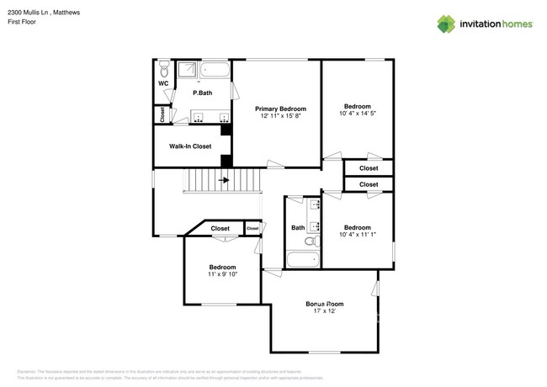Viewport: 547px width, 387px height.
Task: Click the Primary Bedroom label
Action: [280, 109]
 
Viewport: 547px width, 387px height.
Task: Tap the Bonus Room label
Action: [324, 304]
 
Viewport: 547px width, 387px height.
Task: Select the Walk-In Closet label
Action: [190, 146]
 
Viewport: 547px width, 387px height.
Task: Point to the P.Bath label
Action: [202, 93]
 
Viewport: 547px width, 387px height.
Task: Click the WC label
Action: [163, 84]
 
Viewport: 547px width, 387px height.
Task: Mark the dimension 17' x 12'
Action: [324, 311]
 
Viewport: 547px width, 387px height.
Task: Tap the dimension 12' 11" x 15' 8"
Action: [280, 117]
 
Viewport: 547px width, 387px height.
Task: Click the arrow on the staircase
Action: [225, 180]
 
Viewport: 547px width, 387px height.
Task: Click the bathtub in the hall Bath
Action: [301, 260]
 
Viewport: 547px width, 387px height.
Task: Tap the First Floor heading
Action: [21, 23]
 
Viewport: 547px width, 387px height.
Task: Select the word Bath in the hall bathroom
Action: [298, 228]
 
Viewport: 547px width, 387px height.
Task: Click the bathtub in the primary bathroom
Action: [215, 68]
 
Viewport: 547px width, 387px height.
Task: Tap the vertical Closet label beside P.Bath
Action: [162, 115]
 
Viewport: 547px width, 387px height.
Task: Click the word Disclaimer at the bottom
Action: [26, 371]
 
